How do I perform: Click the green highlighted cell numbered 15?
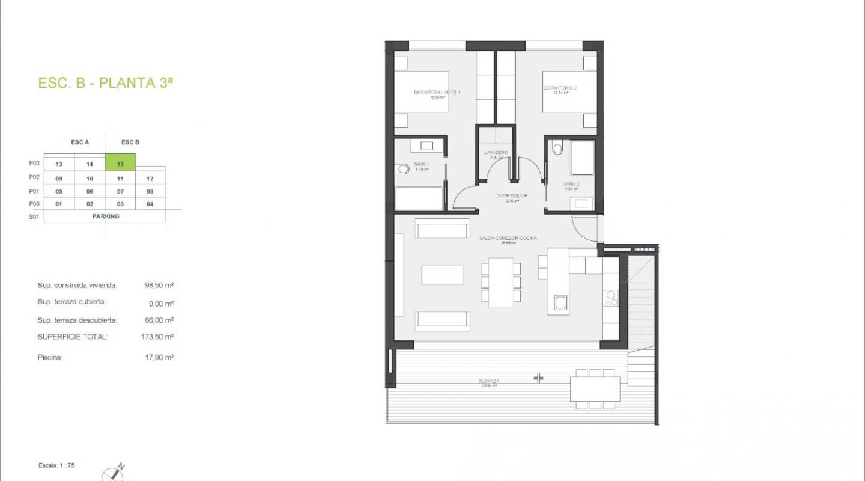click(120, 163)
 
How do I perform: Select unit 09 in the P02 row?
click(59, 179)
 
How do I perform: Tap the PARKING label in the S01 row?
click(106, 216)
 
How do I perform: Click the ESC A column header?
click(80, 142)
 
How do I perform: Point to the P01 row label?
click(34, 192)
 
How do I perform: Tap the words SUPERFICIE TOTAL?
click(73, 337)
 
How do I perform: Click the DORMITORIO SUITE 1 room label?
click(437, 92)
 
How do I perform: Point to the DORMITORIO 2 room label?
click(560, 88)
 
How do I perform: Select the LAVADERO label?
click(496, 153)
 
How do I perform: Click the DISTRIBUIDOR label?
click(512, 196)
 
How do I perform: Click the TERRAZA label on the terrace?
click(489, 381)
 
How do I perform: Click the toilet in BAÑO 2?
click(557, 147)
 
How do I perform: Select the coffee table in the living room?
click(443, 275)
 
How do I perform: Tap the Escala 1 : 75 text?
click(57, 465)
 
